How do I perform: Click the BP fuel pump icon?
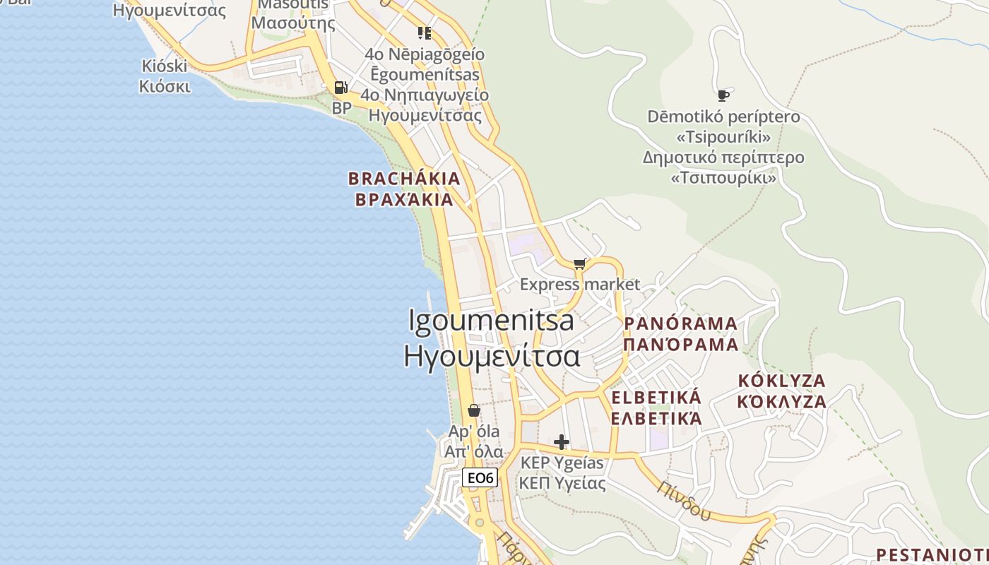[340, 88]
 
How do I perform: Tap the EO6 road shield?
[480, 477]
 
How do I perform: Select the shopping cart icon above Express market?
[580, 264]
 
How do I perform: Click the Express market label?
[580, 285]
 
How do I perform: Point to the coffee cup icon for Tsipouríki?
[723, 95]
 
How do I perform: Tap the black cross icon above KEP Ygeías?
[562, 442]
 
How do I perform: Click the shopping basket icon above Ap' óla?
[474, 410]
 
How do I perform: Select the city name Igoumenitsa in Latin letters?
[492, 320]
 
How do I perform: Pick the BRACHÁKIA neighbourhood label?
[404, 179]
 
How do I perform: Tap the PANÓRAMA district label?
[681, 324]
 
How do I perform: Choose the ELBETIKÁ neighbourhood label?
[656, 397]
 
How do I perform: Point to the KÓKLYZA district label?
[781, 381]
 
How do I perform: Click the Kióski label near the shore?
[165, 66]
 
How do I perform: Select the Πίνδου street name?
[685, 500]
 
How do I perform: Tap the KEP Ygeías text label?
[562, 463]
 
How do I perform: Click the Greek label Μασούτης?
[293, 23]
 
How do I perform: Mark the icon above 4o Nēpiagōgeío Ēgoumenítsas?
[424, 32]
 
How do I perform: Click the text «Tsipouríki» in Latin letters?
[723, 136]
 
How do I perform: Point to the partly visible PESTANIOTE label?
[932, 554]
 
